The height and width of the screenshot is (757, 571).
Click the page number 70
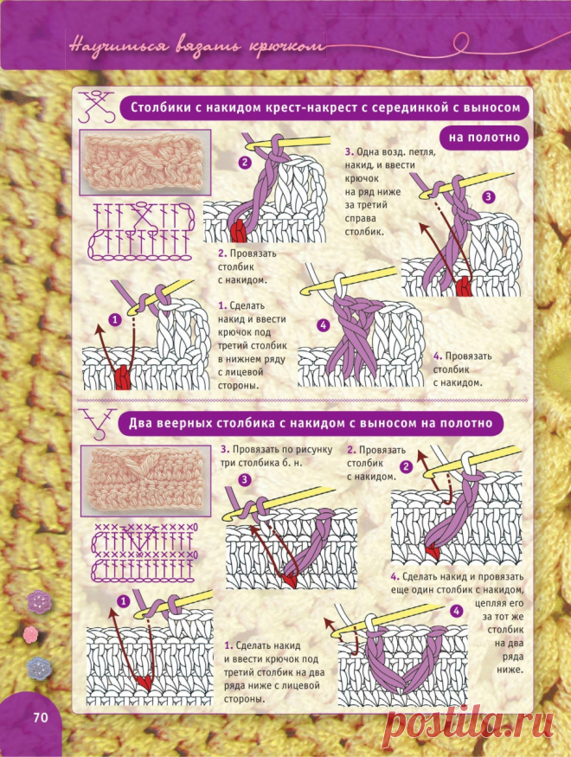click(41, 717)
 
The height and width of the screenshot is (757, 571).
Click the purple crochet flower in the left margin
click(39, 601)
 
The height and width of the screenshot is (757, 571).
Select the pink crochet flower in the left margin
click(31, 635)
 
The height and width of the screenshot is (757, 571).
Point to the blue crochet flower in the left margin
click(39, 668)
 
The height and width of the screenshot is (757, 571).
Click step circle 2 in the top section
click(245, 163)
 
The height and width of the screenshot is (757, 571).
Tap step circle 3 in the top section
click(489, 196)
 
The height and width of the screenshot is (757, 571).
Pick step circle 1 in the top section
click(115, 319)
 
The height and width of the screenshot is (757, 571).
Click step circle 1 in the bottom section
click(124, 601)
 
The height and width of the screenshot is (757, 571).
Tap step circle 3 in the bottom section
click(245, 479)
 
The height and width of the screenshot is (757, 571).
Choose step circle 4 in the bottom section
click(456, 611)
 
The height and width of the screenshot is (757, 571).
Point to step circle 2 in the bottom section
click(407, 466)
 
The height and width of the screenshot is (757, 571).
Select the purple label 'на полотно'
click(484, 138)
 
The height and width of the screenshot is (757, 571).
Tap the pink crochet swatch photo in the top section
click(144, 163)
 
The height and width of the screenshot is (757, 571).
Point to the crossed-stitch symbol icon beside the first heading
click(96, 106)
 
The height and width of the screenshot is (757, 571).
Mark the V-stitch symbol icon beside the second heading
click(98, 424)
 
